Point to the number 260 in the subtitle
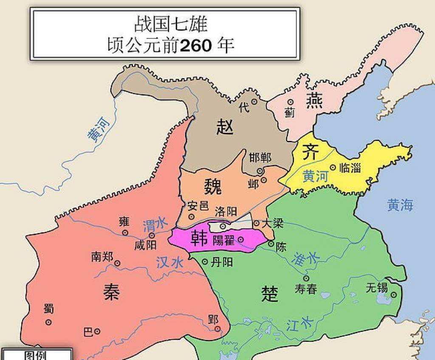[195, 45]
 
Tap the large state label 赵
[225, 127]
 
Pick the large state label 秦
[111, 292]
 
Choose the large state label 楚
[270, 293]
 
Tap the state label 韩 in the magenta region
[199, 239]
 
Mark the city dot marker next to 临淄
[333, 168]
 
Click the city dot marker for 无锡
[394, 295]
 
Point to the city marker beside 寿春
[306, 278]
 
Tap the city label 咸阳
[145, 245]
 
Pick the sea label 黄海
[400, 205]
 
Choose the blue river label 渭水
[155, 225]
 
